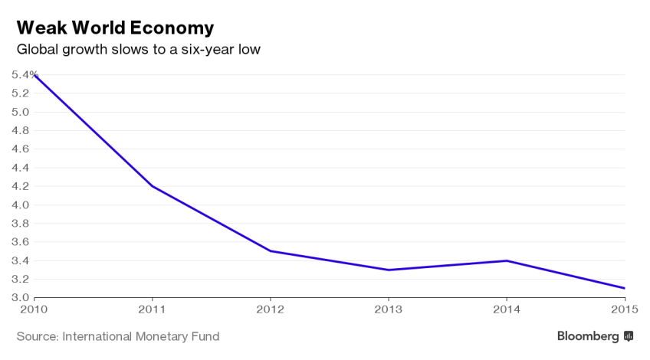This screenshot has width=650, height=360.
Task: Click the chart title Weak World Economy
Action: click(115, 28)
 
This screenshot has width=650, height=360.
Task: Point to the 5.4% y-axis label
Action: click(25, 74)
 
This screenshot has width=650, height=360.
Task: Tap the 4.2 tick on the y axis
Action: click(20, 186)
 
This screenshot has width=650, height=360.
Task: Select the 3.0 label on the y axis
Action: click(20, 298)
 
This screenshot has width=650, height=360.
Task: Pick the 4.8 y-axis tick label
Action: click(20, 130)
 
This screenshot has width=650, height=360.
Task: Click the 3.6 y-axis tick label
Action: click(20, 242)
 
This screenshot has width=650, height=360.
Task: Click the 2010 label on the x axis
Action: click(34, 309)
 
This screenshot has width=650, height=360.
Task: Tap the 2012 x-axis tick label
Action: click(271, 309)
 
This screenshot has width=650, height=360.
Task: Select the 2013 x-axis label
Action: click(389, 309)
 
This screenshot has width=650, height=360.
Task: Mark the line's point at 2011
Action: click(153, 186)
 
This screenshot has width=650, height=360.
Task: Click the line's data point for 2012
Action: click(271, 251)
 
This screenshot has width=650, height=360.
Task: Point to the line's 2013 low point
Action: click(389, 270)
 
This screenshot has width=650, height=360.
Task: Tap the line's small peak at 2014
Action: click(507, 260)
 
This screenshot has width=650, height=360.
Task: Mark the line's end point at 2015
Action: click(625, 288)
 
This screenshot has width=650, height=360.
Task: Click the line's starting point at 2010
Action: click(35, 75)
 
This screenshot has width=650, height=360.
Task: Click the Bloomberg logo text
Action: click(587, 336)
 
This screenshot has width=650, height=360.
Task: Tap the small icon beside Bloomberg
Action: click(629, 336)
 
